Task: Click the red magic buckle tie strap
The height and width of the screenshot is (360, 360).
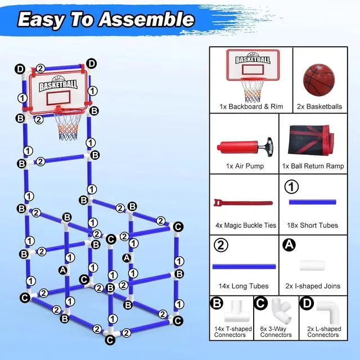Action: [242, 203]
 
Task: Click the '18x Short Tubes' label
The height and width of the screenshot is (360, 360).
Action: [313, 225]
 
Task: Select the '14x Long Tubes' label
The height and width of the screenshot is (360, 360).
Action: [244, 286]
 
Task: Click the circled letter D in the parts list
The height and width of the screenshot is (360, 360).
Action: [307, 303]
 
